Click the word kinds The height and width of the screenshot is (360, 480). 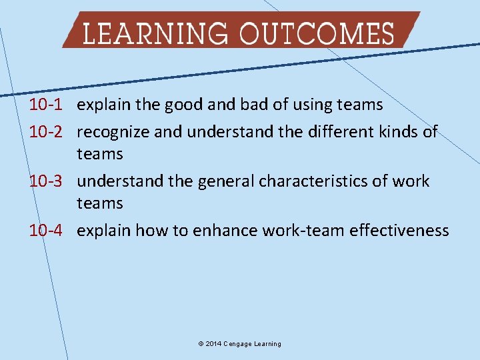[x=397, y=131]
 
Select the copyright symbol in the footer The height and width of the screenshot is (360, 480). [x=201, y=344]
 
